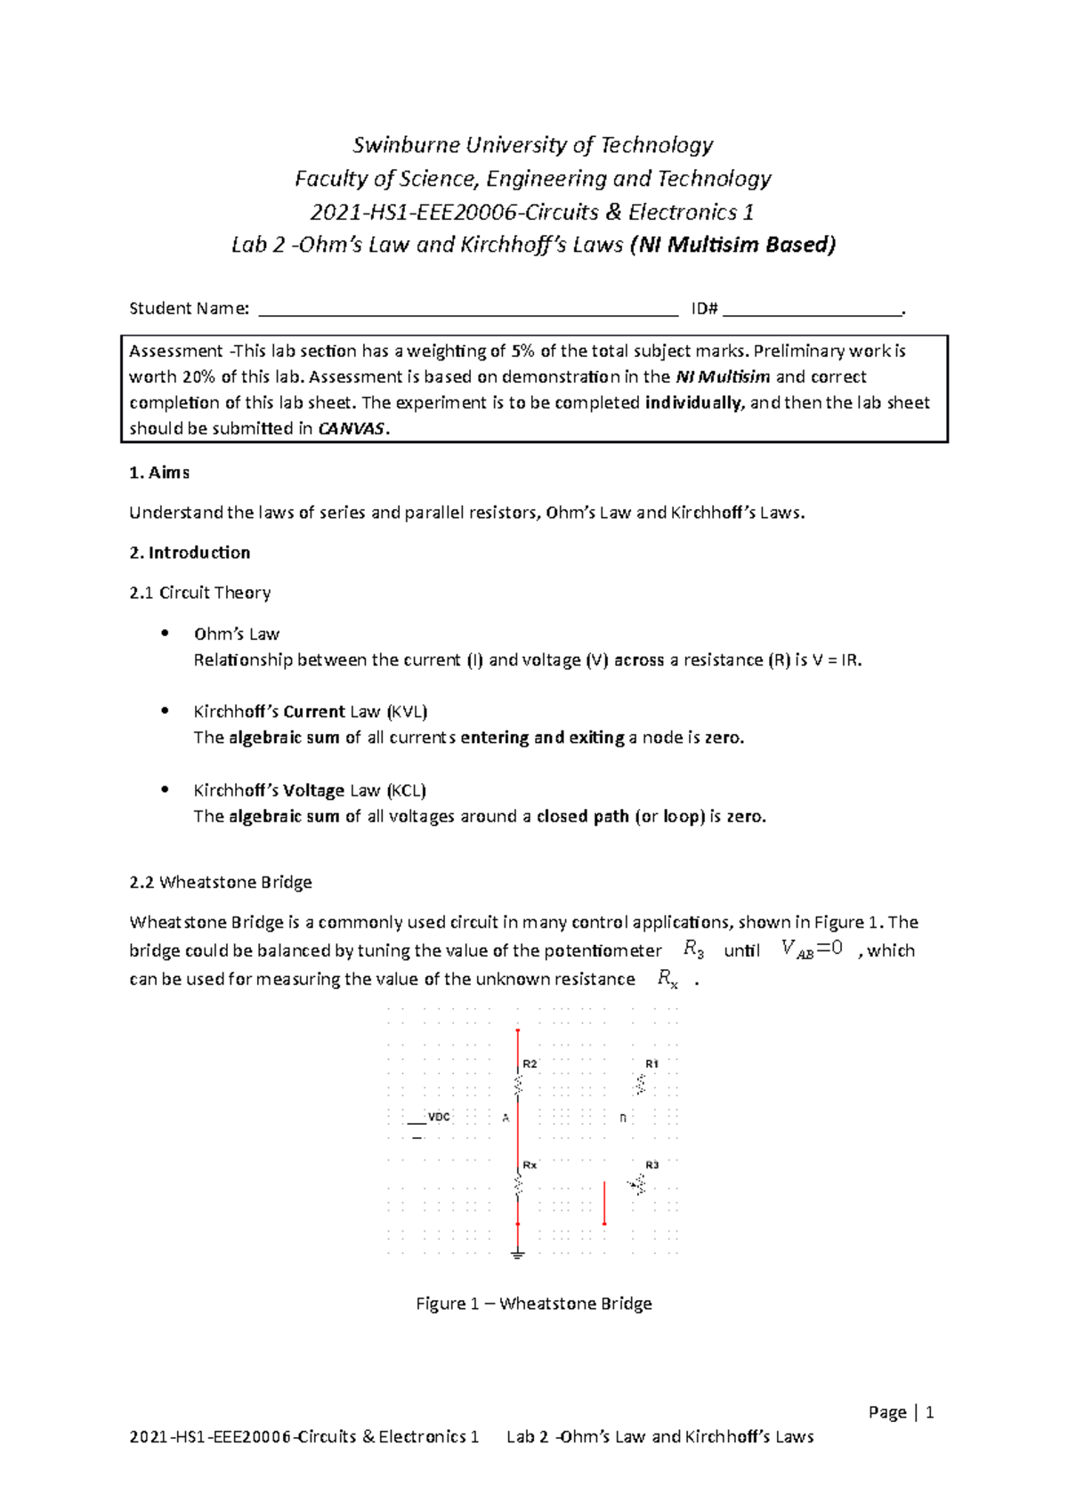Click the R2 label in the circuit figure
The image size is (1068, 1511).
530,1063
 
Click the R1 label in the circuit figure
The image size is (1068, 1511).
651,1063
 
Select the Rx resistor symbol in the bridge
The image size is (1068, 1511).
518,1184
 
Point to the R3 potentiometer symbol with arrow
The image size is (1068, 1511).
638,1184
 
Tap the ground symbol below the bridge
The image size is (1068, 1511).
518,1255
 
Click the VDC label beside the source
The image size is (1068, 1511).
439,1117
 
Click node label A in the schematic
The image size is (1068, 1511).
506,1118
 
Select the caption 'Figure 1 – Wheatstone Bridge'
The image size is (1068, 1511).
534,1304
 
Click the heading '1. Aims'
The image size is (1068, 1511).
159,473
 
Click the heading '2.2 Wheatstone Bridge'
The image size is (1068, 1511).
220,882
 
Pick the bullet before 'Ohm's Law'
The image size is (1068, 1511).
164,633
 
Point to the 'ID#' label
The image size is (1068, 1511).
704,309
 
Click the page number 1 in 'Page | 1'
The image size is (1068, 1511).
929,1412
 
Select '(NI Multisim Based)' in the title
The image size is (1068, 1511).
732,245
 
